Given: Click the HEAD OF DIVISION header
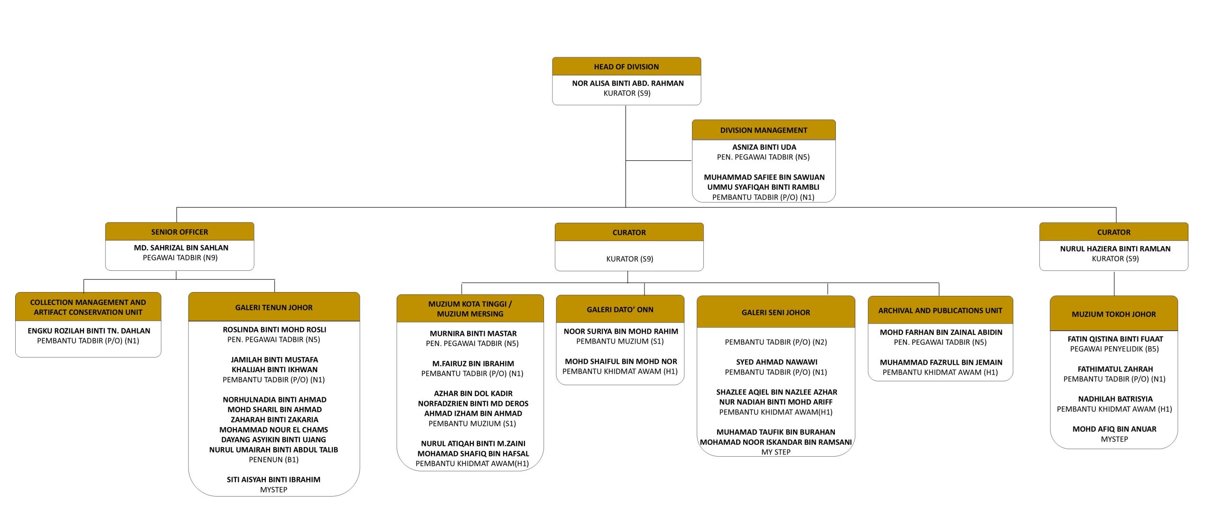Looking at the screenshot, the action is click(x=626, y=67).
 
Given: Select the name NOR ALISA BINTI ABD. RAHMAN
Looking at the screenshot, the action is click(x=627, y=83).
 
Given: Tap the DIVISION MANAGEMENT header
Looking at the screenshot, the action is click(x=763, y=130).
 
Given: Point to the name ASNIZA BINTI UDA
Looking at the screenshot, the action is click(x=764, y=147).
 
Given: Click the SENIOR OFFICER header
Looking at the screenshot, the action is click(x=179, y=232).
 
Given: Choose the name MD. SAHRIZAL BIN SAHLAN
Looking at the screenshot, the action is click(x=181, y=248).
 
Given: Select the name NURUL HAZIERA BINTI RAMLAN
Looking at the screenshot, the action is click(x=1115, y=249).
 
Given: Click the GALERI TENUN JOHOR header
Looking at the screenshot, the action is click(x=274, y=307).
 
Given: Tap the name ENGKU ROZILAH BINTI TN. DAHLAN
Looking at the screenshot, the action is click(x=89, y=331).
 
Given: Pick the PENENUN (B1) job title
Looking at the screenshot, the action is click(x=273, y=460).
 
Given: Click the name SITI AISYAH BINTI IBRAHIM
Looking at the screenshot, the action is click(x=273, y=479).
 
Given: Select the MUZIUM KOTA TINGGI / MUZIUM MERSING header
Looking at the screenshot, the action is click(x=470, y=309).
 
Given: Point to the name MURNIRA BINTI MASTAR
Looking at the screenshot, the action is click(x=473, y=333).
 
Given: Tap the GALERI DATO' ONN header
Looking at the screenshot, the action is click(x=620, y=309).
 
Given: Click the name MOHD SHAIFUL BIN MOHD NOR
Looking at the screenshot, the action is click(x=621, y=361).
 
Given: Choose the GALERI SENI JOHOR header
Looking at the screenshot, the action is click(x=776, y=312).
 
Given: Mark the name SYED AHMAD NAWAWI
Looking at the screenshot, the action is click(x=776, y=362).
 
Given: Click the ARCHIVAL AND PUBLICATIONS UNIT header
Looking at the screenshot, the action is click(x=940, y=311).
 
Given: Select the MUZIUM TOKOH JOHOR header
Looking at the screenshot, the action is click(x=1113, y=314).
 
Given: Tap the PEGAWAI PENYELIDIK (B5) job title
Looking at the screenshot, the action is click(x=1114, y=349).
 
